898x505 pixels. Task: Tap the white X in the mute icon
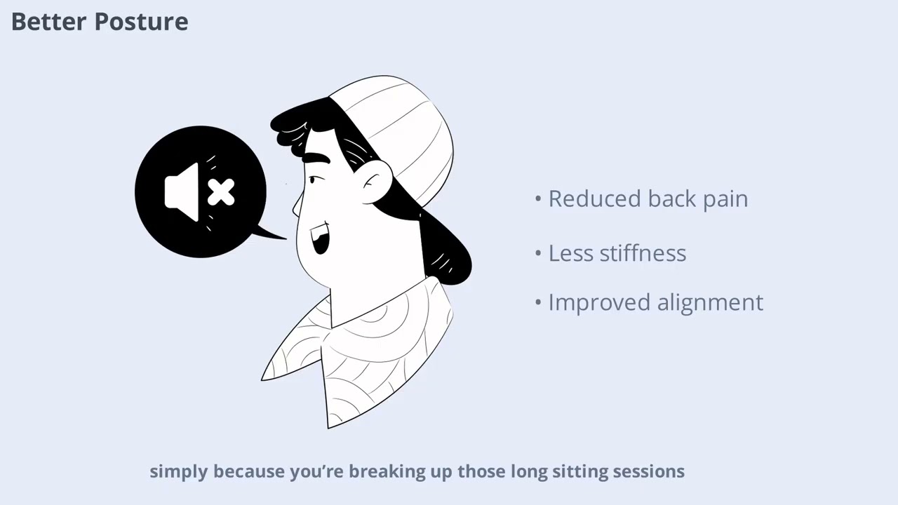pos(221,192)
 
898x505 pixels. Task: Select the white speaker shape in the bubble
pos(182,191)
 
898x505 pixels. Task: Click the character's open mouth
pos(320,240)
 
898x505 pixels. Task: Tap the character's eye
pos(313,181)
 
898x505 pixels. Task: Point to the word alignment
pos(709,303)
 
